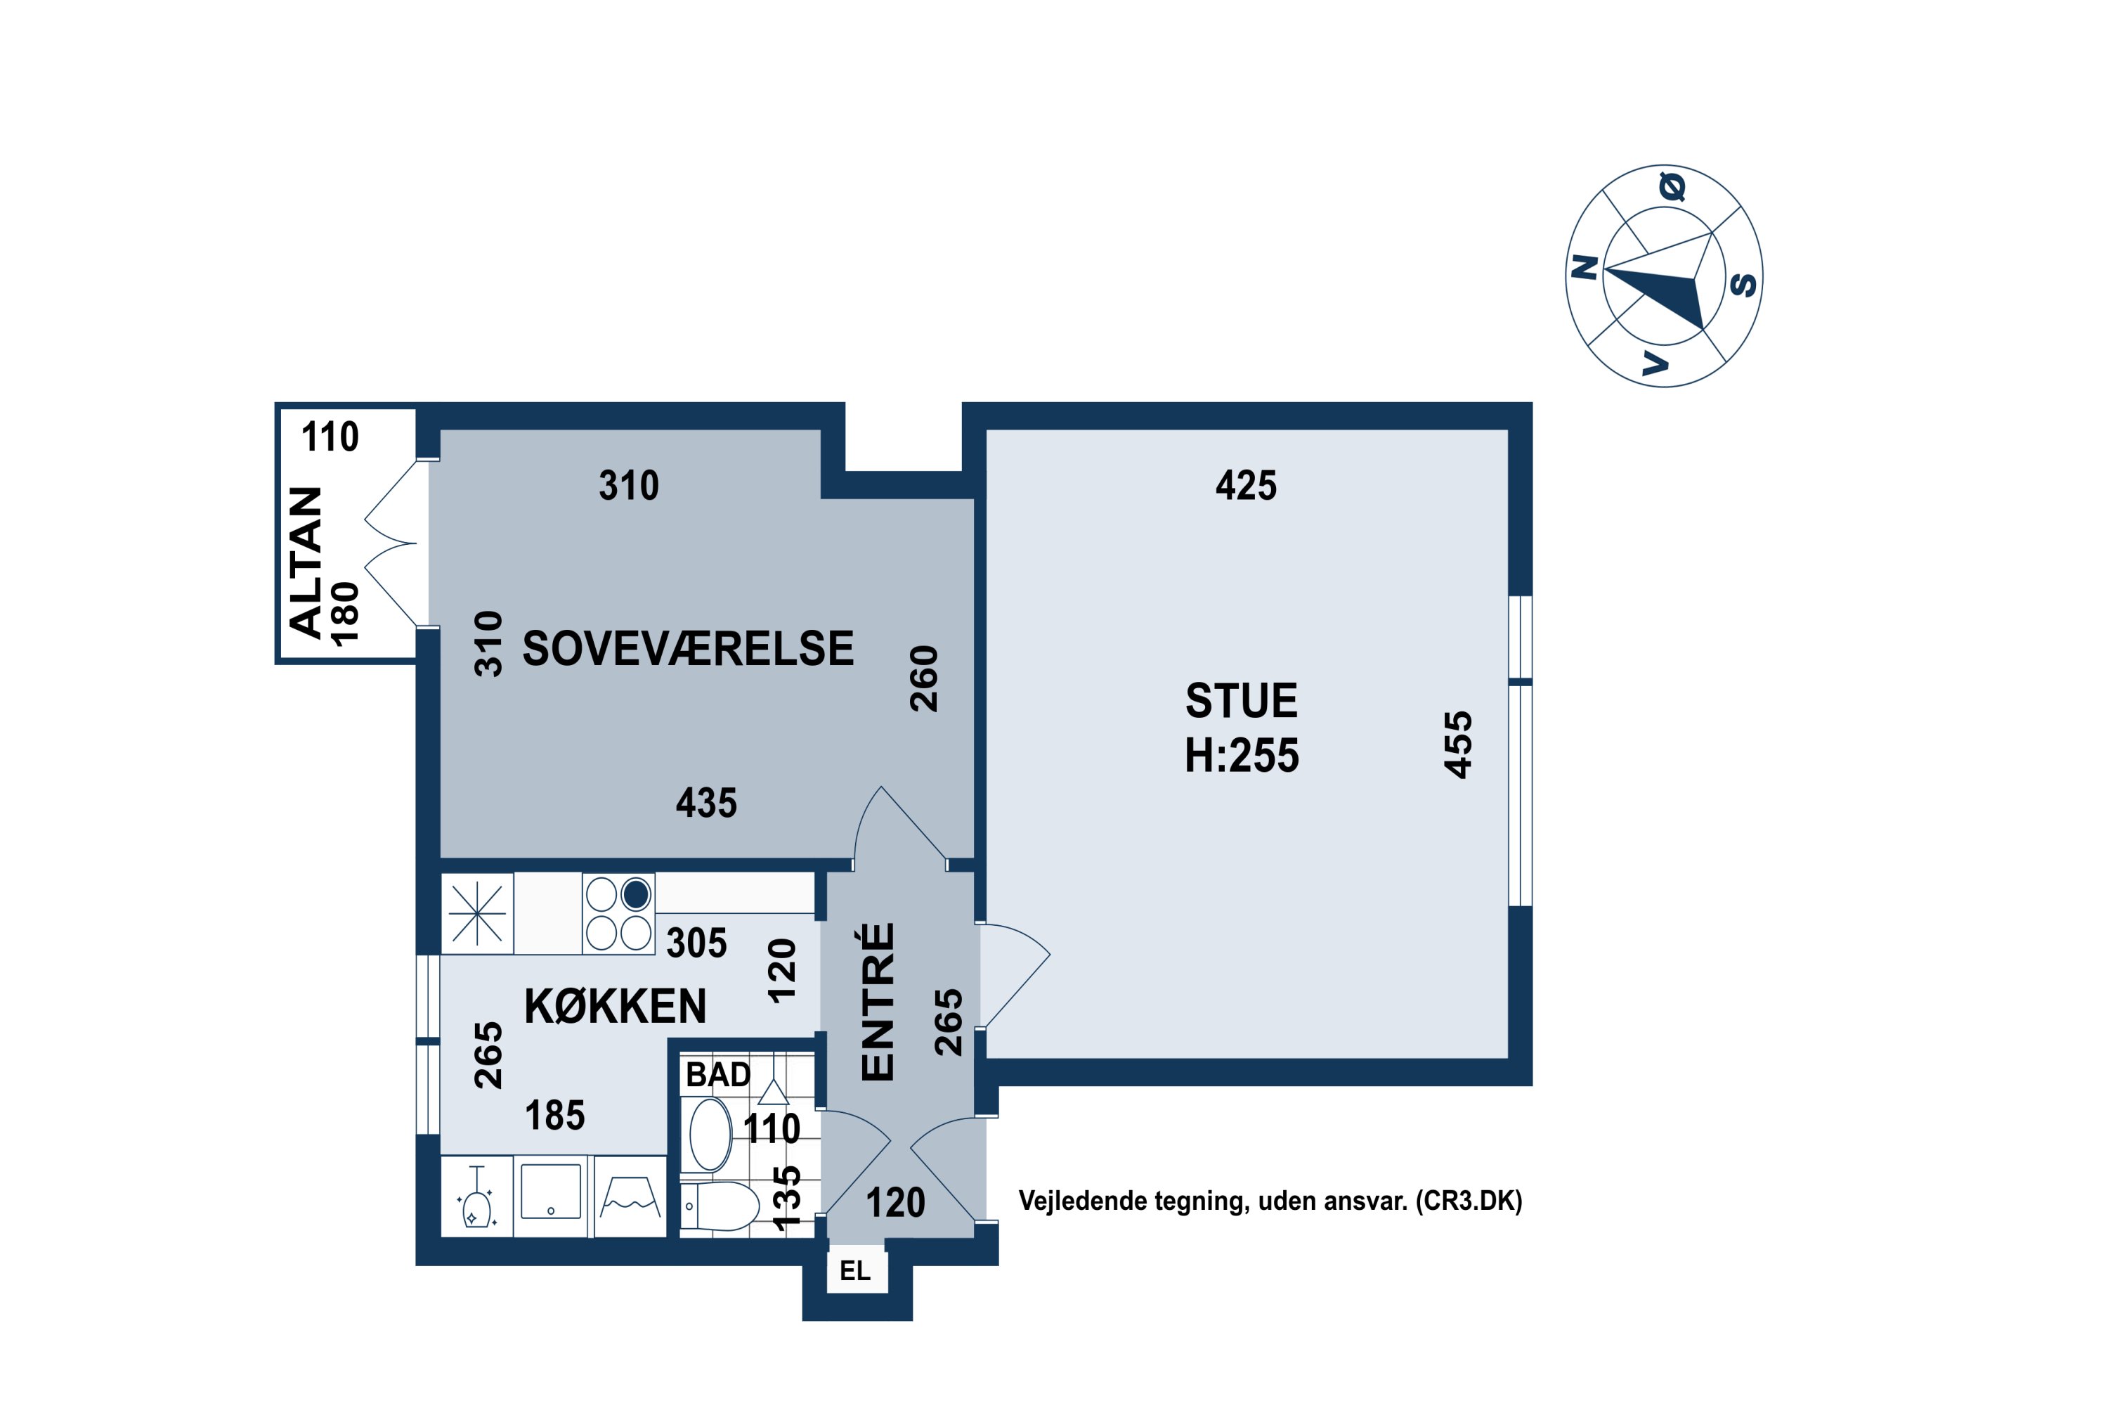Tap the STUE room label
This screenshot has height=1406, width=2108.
point(1242,700)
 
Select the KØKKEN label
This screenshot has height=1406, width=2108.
point(615,1006)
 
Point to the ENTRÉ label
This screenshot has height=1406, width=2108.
point(878,1002)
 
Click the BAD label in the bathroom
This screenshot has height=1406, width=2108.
point(718,1074)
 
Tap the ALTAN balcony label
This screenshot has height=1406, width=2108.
point(306,562)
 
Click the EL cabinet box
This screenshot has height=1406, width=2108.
point(856,1270)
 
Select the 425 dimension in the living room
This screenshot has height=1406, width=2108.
point(1246,485)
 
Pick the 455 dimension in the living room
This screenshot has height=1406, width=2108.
point(1458,744)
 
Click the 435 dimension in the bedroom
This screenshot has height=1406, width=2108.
point(706,803)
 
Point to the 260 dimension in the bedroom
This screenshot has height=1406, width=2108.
point(924,679)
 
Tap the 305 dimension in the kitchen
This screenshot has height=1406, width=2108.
point(696,943)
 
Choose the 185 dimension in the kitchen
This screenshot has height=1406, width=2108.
point(555,1116)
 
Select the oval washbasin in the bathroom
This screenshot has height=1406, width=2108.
point(710,1135)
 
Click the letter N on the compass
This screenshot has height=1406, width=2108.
point(1585,267)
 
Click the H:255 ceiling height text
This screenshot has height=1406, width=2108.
point(1242,755)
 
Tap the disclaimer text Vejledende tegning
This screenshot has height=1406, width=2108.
point(1132,1201)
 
